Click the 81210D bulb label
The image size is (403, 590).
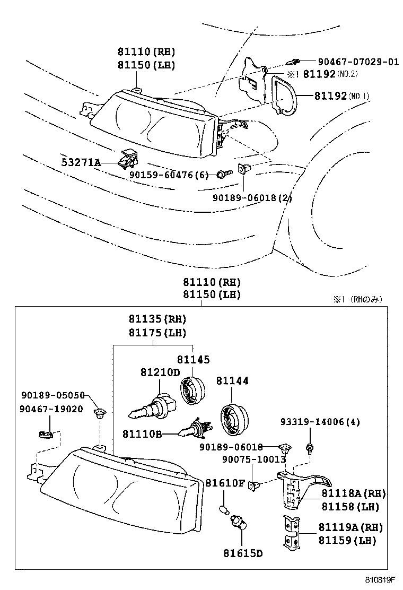click(x=160, y=372)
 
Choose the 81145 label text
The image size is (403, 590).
click(x=193, y=360)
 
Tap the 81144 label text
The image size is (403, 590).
click(x=232, y=381)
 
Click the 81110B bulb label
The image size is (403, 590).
click(x=142, y=433)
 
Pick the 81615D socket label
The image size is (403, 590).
click(x=243, y=554)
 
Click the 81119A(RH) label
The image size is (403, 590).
click(x=351, y=528)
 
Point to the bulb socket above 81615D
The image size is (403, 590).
click(x=236, y=527)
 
